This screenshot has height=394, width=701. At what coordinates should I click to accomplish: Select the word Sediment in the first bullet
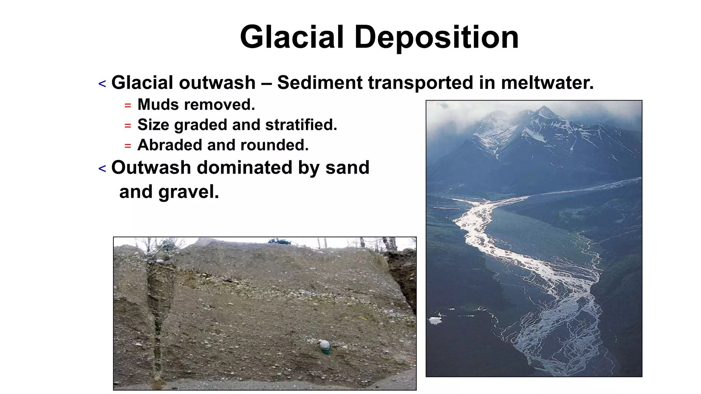click(x=320, y=83)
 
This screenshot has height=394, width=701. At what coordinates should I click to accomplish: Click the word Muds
click(x=158, y=105)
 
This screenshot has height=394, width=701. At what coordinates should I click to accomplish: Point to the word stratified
click(x=301, y=125)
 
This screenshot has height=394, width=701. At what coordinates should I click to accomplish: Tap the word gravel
click(x=188, y=192)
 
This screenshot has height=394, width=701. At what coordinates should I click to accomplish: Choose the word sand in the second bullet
click(x=347, y=168)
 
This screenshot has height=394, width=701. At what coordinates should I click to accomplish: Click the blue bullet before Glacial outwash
click(x=102, y=84)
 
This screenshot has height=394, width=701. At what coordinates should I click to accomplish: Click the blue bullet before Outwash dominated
click(x=102, y=169)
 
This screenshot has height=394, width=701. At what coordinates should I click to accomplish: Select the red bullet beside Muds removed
click(x=128, y=106)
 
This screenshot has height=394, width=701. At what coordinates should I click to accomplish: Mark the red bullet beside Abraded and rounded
click(x=128, y=146)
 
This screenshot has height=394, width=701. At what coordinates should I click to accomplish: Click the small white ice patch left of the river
click(x=435, y=320)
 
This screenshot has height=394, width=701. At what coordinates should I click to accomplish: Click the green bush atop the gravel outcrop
click(x=279, y=241)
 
